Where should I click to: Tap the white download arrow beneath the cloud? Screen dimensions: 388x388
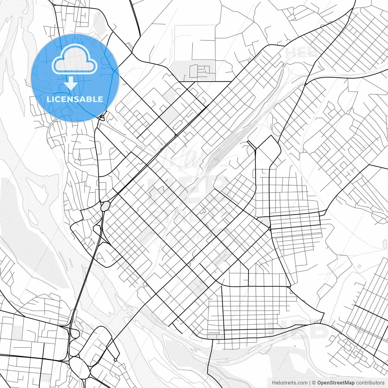(x=71, y=83)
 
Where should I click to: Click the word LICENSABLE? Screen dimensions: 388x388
(x=75, y=99)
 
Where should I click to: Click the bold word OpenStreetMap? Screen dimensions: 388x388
(x=336, y=383)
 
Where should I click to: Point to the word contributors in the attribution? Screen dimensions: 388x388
(x=370, y=383)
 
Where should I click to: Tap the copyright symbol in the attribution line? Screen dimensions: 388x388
(x=314, y=383)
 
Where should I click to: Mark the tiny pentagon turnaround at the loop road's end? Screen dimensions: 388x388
(x=115, y=360)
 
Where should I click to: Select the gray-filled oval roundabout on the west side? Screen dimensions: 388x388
(x=105, y=206)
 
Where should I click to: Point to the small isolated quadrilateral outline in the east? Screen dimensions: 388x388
(x=360, y=266)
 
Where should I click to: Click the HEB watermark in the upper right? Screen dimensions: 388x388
(x=302, y=52)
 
